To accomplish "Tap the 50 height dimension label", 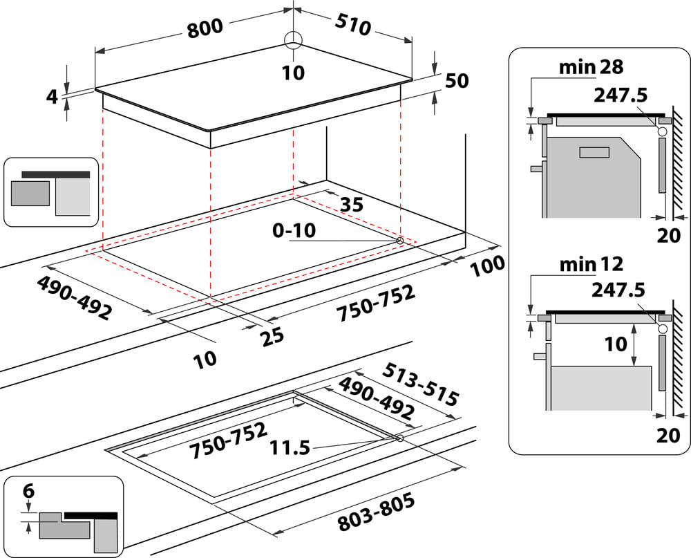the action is coord(457,81).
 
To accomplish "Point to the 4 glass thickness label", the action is coord(52,97).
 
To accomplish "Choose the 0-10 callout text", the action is coord(294,230).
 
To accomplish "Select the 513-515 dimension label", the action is coord(420,384).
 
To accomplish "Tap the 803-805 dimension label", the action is coord(377,512).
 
